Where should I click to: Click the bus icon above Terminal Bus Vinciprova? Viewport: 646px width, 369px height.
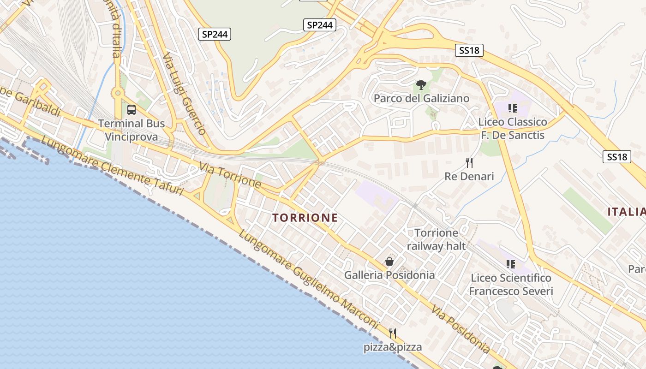click(132, 110)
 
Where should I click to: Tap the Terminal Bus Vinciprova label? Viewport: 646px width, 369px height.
click(132, 130)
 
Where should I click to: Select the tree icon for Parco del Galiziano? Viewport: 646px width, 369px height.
click(421, 85)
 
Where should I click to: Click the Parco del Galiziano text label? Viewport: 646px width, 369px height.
click(421, 98)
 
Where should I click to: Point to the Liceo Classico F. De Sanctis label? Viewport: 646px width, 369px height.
click(513, 129)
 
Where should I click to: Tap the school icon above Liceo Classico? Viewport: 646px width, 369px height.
click(512, 108)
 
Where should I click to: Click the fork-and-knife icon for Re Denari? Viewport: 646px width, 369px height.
click(469, 162)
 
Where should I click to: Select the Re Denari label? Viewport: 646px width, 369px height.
click(469, 176)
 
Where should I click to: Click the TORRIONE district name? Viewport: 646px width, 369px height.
click(305, 218)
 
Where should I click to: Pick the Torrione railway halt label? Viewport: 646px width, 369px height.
click(436, 239)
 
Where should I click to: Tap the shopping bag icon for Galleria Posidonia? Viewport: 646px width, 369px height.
click(389, 262)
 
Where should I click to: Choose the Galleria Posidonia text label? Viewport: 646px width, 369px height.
click(389, 275)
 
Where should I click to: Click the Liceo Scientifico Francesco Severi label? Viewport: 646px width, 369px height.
click(511, 285)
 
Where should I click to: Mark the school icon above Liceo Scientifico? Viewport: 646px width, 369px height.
click(511, 264)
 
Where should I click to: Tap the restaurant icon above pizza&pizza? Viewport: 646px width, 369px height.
click(393, 333)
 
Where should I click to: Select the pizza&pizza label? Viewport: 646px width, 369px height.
click(393, 347)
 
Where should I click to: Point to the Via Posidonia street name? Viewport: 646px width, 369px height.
click(461, 329)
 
